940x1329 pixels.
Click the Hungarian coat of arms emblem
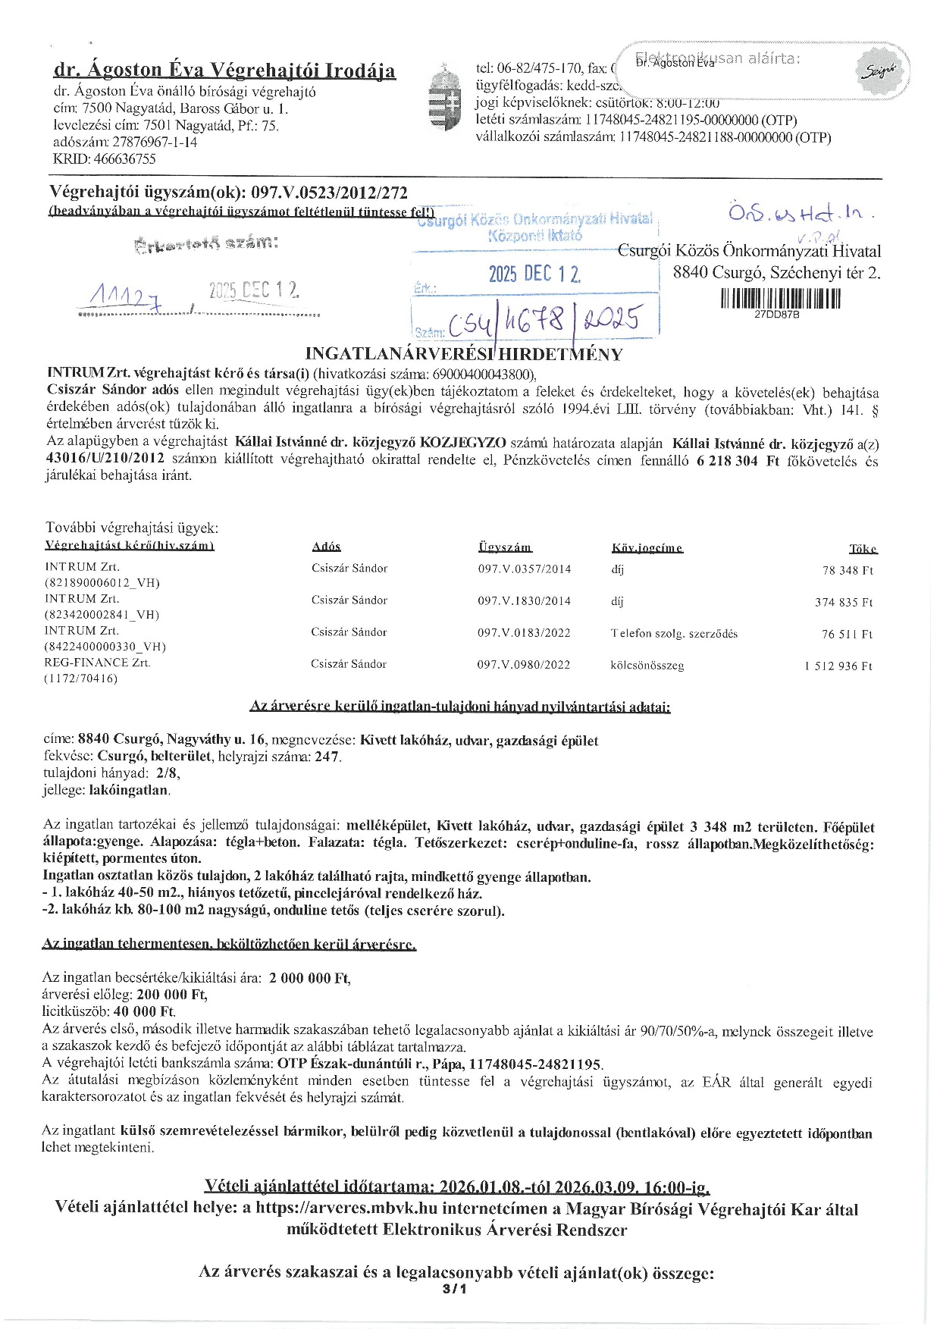click(x=444, y=99)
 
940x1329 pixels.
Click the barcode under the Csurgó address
click(x=781, y=298)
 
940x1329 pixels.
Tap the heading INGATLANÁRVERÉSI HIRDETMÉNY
click(x=463, y=354)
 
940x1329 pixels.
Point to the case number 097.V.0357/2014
click(x=524, y=569)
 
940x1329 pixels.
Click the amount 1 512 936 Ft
click(x=838, y=666)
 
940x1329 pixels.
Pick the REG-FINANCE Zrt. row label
click(x=97, y=663)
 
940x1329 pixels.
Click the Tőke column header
click(x=862, y=548)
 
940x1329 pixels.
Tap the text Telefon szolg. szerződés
click(x=674, y=633)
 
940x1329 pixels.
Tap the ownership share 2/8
click(x=165, y=773)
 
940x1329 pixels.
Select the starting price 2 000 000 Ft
click(x=309, y=978)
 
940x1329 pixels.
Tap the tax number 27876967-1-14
click(x=155, y=142)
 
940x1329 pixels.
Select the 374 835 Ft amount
click(x=843, y=602)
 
